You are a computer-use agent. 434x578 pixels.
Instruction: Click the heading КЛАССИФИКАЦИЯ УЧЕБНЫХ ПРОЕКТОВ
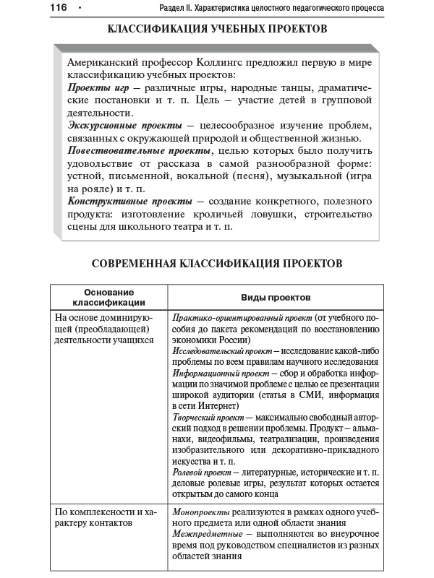pyautogui.click(x=217, y=29)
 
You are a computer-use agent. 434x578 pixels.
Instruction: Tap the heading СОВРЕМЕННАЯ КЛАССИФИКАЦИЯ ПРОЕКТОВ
pyautogui.click(x=217, y=264)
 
